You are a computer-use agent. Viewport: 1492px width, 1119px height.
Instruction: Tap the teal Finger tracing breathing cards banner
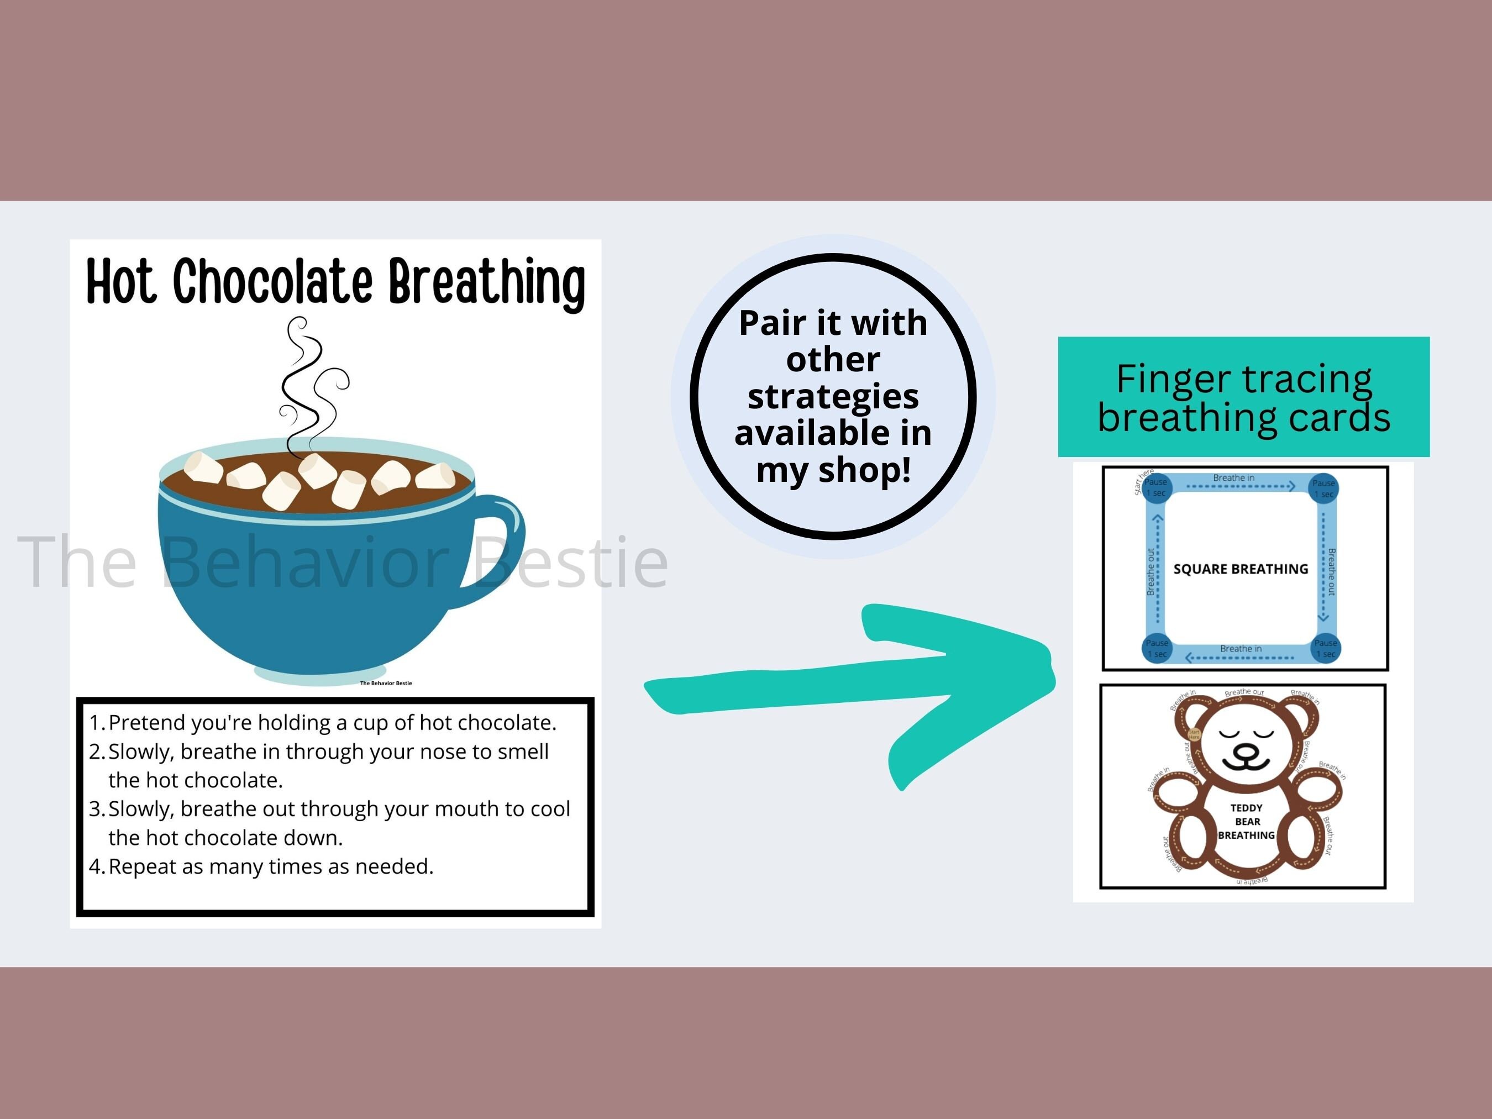click(x=1243, y=397)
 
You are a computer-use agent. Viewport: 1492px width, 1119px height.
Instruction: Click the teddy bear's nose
click(x=1246, y=751)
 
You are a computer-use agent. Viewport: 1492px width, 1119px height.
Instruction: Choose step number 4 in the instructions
click(x=97, y=866)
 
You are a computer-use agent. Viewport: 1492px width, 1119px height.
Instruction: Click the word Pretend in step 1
click(x=146, y=723)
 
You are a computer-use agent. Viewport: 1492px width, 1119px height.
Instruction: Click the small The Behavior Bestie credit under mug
click(x=386, y=683)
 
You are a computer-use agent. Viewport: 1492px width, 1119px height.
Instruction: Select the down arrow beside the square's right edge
click(x=1323, y=615)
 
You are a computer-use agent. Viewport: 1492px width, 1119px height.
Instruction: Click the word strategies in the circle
click(x=833, y=397)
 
